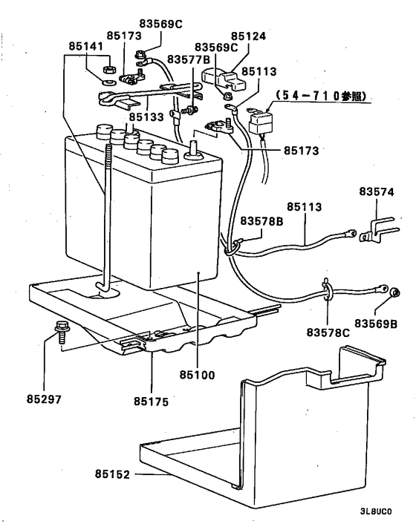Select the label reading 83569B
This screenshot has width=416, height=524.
click(377, 324)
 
